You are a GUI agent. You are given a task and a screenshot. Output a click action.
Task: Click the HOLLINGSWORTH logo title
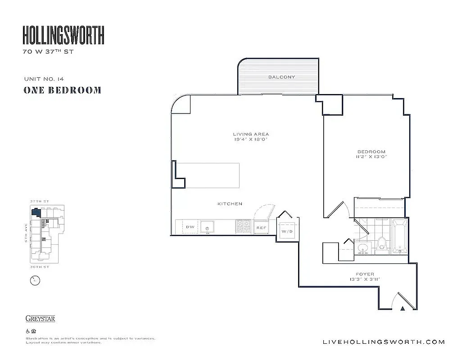(x=63, y=35)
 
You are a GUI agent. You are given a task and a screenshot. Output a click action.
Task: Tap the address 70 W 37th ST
(x=48, y=52)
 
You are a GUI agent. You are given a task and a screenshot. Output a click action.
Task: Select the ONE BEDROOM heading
(x=62, y=90)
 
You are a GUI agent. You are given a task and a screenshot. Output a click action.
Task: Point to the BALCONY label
(x=281, y=77)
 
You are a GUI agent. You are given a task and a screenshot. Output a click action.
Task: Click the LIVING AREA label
(x=251, y=134)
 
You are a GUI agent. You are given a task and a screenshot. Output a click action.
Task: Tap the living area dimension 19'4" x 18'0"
(x=251, y=140)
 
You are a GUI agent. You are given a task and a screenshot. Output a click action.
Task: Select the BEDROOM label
(x=371, y=152)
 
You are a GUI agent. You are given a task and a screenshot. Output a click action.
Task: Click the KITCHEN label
(x=230, y=204)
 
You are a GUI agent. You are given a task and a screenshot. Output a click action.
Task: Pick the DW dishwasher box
(x=190, y=227)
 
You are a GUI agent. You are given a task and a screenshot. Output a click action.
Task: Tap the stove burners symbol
(x=244, y=226)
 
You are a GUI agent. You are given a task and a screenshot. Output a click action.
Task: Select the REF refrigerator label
(x=262, y=228)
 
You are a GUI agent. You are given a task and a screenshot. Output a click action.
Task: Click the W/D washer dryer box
(x=287, y=231)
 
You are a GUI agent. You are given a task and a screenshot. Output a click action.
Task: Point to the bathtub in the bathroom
(x=399, y=237)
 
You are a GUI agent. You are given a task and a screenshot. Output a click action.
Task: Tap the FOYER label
(x=365, y=274)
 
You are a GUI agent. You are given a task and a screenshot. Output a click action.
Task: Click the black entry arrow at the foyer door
(x=403, y=308)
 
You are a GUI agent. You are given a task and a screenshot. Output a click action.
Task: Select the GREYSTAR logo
(x=40, y=319)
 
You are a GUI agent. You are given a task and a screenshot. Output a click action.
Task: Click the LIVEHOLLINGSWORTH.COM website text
(x=384, y=342)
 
